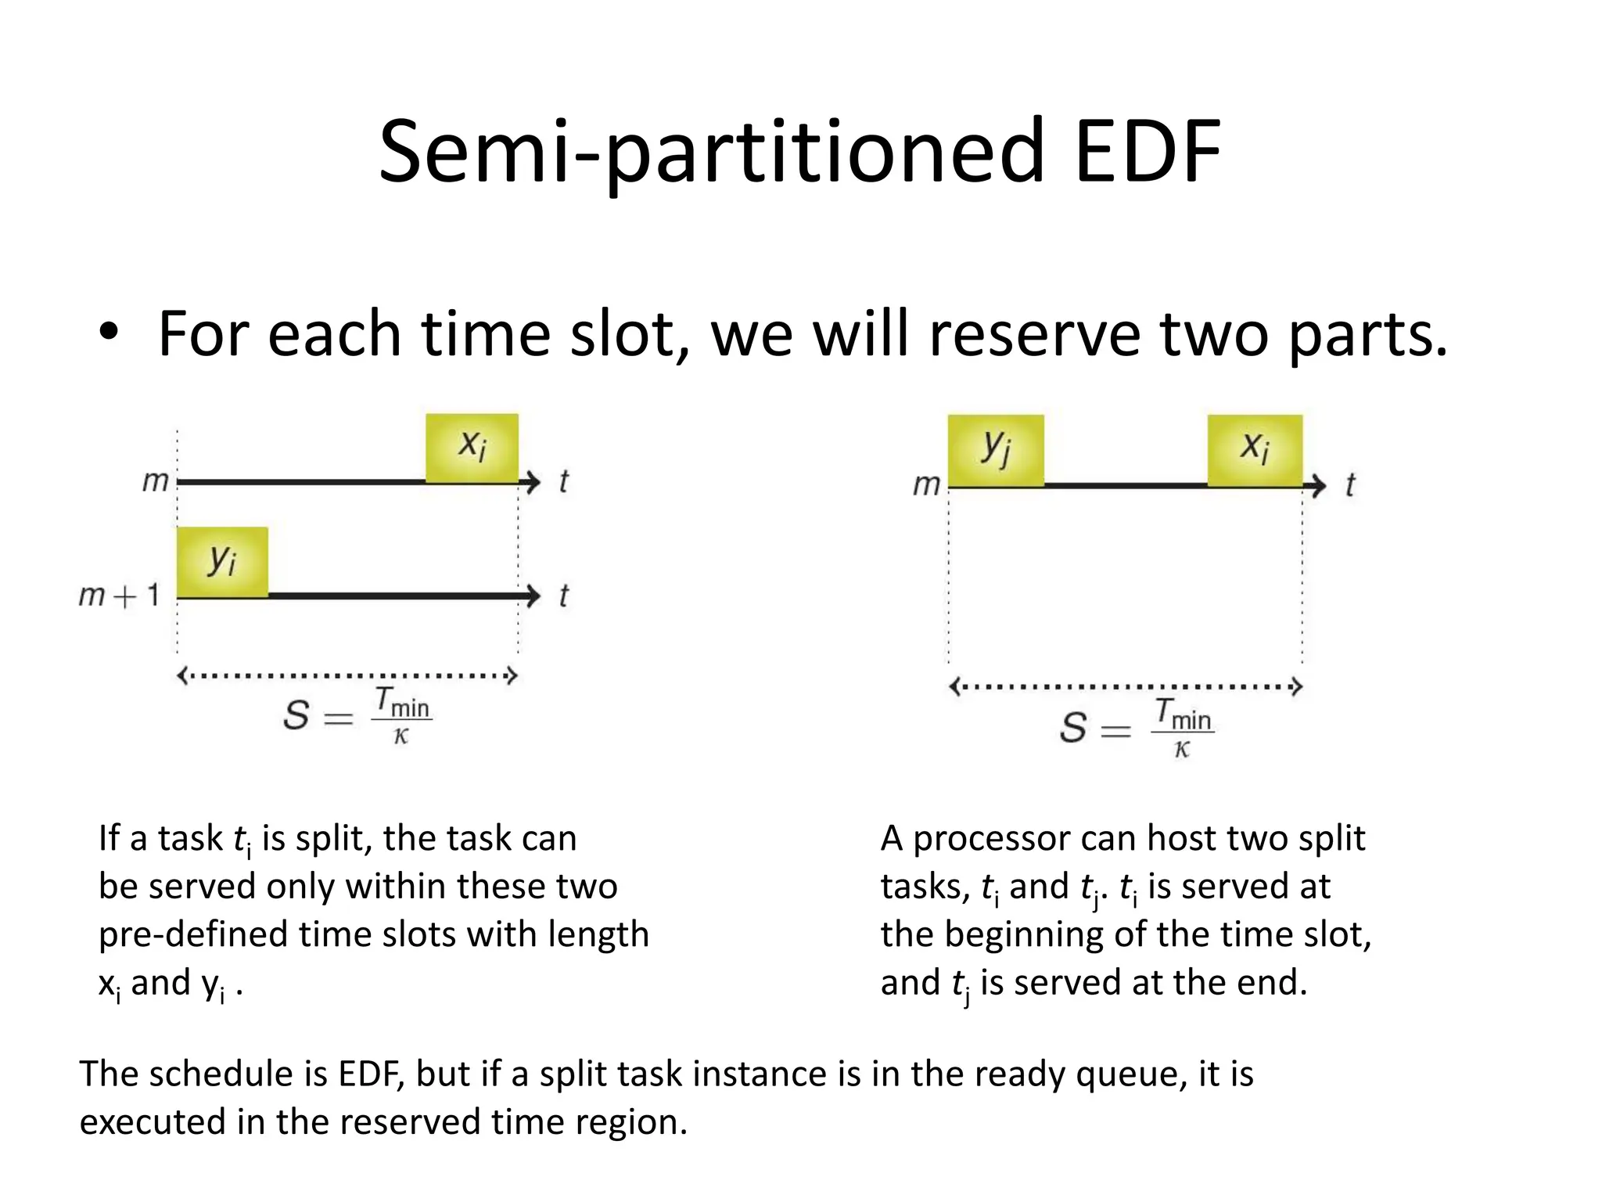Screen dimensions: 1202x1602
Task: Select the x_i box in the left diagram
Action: [472, 448]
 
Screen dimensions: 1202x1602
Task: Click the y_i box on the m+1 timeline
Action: [222, 562]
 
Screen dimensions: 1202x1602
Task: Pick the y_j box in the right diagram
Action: [995, 450]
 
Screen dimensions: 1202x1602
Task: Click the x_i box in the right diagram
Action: [1254, 450]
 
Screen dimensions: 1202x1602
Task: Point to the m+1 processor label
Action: [119, 596]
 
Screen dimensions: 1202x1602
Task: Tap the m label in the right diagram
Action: [926, 485]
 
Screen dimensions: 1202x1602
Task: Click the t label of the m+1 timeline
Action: [563, 596]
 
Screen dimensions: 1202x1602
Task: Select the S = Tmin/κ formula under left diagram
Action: [357, 714]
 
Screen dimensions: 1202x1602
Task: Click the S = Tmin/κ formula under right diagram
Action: [1136, 726]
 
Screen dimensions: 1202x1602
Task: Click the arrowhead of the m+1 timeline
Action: [533, 596]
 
